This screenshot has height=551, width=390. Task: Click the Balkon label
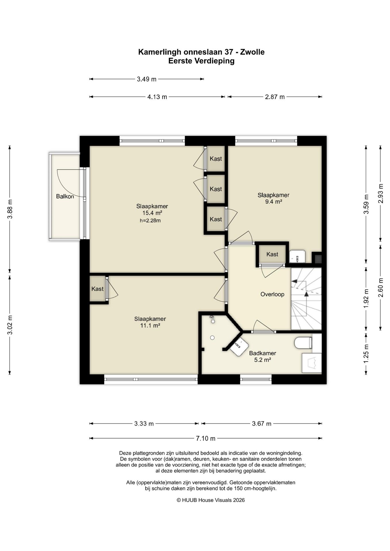point(65,197)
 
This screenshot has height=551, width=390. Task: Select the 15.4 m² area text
point(152,213)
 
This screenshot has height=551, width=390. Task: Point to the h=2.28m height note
point(150,221)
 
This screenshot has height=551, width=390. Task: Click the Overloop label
point(272,294)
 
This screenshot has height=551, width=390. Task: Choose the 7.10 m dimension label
point(206,439)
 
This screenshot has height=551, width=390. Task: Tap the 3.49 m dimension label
point(146,79)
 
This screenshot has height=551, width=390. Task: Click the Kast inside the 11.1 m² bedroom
point(97,289)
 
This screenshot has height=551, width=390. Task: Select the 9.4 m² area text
point(273,202)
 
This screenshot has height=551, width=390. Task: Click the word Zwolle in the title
point(252,52)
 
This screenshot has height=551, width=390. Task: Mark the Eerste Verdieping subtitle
point(201,61)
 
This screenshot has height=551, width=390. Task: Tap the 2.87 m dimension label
point(275,97)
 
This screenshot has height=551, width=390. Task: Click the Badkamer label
point(262,353)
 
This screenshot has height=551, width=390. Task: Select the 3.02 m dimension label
point(10,325)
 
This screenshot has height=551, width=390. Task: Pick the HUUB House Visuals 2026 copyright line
point(211,500)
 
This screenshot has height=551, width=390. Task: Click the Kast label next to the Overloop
point(272,254)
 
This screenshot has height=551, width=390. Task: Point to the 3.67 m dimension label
point(262,424)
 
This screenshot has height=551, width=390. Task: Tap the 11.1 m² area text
point(150,326)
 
